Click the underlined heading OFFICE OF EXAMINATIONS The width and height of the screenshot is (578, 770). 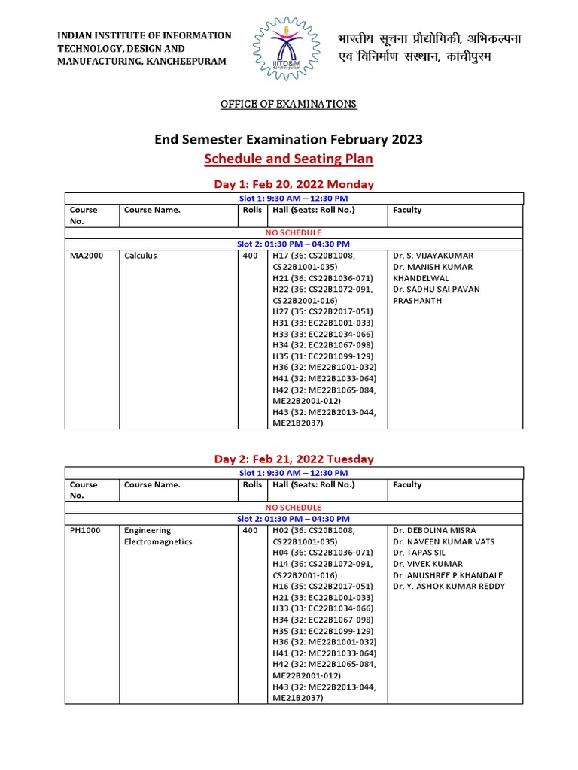tap(288, 104)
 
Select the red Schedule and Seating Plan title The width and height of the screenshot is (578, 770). tap(288, 159)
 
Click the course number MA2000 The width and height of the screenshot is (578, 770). tap(84, 256)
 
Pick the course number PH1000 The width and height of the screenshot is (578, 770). tap(83, 530)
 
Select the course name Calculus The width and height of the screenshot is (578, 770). tap(141, 256)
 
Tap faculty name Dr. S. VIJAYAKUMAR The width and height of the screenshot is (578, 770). tap(433, 256)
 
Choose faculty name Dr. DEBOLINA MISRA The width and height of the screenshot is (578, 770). tap(433, 530)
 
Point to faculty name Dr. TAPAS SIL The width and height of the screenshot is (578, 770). tap(419, 553)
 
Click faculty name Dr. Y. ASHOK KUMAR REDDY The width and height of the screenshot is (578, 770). tap(449, 587)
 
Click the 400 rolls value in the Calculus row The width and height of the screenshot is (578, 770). tap(251, 256)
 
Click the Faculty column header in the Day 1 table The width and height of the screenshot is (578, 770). tap(407, 210)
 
